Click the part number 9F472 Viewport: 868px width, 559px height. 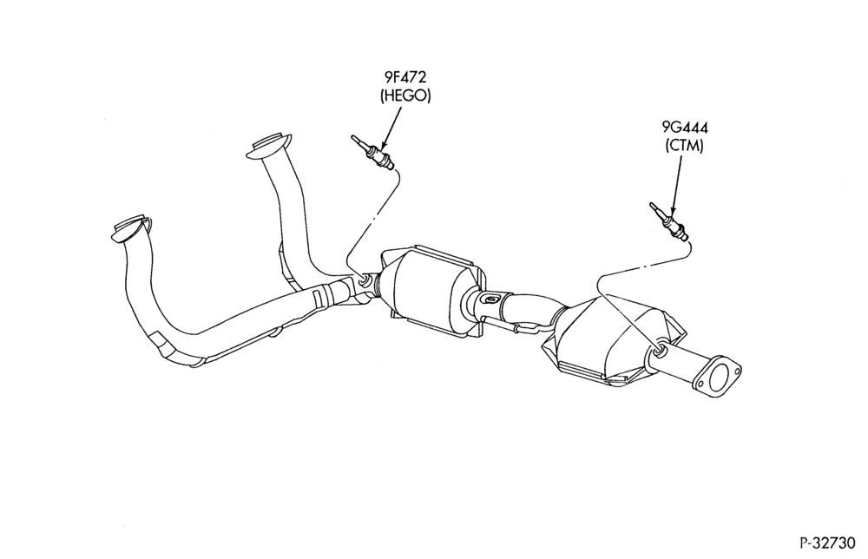pyautogui.click(x=404, y=78)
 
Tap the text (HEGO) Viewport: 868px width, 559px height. pyautogui.click(x=405, y=95)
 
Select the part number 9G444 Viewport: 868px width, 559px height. pyautogui.click(x=685, y=128)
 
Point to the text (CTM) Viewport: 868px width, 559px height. pyautogui.click(x=684, y=146)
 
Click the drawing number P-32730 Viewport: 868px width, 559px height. pyautogui.click(x=827, y=543)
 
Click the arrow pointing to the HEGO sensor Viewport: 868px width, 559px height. pyautogui.click(x=391, y=128)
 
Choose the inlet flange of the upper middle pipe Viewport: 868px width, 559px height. pyautogui.click(x=271, y=147)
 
